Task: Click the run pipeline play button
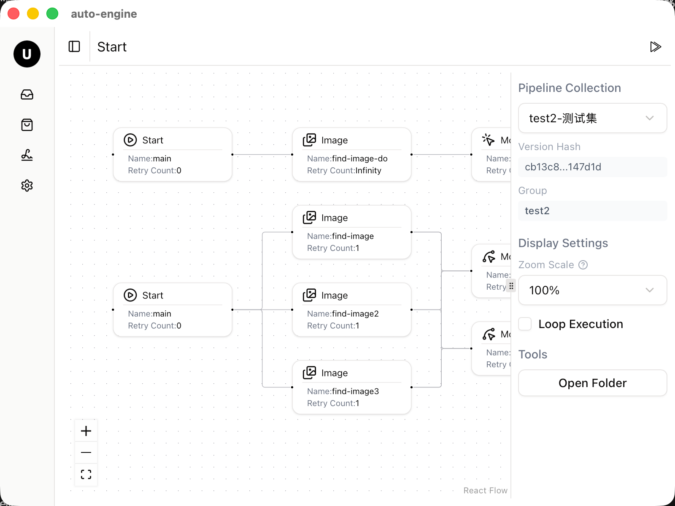[x=655, y=47]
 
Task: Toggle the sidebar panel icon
[x=74, y=46]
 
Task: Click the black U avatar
[x=27, y=54]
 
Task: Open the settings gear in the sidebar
[x=27, y=186]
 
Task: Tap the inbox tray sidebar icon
[x=27, y=94]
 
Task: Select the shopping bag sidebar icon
[x=27, y=125]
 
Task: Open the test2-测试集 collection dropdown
[x=592, y=118]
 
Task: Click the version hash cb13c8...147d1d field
[x=592, y=167]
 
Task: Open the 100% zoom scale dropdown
[x=592, y=290]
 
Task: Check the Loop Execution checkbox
[x=525, y=324]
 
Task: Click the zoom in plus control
[x=86, y=431]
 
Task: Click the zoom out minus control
[x=86, y=452]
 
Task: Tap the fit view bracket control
[x=86, y=474]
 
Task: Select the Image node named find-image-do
[x=351, y=154]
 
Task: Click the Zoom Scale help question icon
[x=583, y=265]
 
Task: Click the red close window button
[x=13, y=13]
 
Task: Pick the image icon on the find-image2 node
[x=309, y=295]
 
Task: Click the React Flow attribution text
[x=485, y=490]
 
